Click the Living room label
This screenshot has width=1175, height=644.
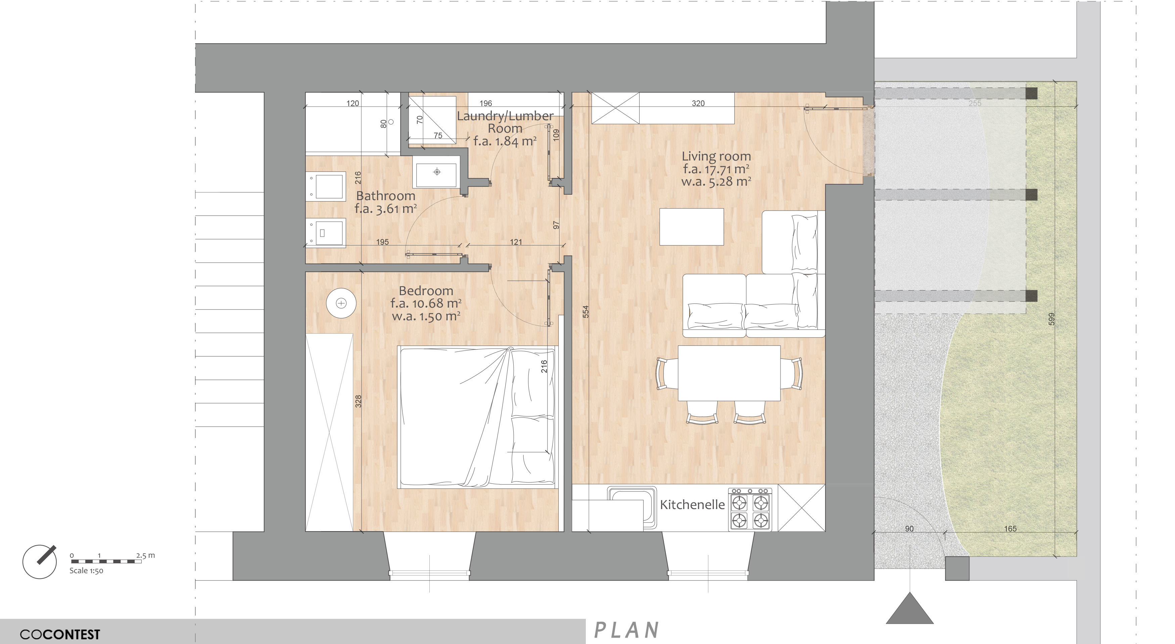716,156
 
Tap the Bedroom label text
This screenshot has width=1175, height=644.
426,291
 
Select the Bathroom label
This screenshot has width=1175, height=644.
385,196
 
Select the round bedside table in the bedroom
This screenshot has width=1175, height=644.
341,303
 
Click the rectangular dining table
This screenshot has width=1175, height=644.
729,373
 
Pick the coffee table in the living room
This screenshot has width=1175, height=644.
692,227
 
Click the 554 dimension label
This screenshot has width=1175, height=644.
586,312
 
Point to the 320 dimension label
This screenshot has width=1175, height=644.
698,103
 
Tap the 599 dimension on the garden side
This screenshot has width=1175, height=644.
1052,319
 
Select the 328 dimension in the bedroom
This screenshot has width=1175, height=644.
358,401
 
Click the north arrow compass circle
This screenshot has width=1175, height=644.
40,562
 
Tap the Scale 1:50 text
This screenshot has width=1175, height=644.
86,570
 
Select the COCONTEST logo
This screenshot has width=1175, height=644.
60,634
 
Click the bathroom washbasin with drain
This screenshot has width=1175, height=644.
436,172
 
